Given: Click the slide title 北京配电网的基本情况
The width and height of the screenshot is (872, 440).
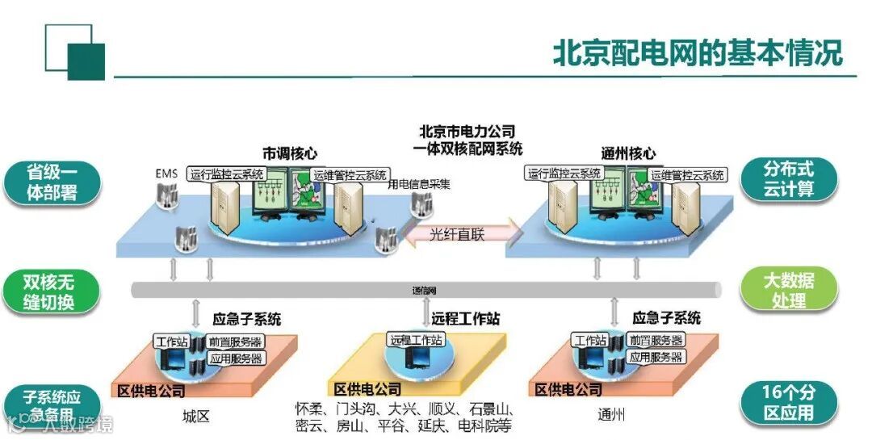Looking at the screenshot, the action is pyautogui.click(x=697, y=52).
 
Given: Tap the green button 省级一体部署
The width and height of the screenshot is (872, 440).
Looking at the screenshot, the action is pyautogui.click(x=52, y=183).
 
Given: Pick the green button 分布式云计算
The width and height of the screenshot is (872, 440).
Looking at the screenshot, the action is pyautogui.click(x=789, y=179).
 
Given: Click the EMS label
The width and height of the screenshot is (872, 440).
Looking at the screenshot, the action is pyautogui.click(x=166, y=174).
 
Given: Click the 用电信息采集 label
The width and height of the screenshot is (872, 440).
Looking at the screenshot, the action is pyautogui.click(x=419, y=184).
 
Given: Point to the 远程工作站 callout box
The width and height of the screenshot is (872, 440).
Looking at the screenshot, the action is pyautogui.click(x=416, y=340).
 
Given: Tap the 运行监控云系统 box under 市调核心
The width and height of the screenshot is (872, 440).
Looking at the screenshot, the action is pyautogui.click(x=226, y=174).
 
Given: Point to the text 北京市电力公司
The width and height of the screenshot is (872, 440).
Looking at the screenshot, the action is pyautogui.click(x=467, y=132).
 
